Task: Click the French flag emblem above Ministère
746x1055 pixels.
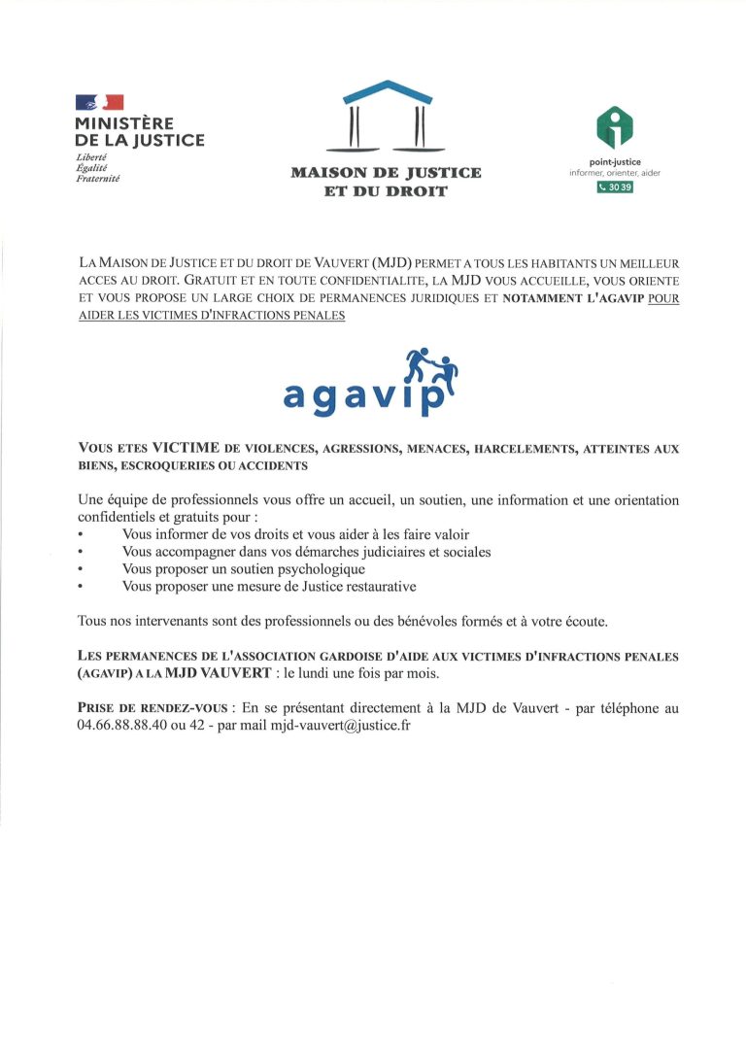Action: pyautogui.click(x=99, y=102)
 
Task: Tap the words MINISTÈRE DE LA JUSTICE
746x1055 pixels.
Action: pyautogui.click(x=139, y=132)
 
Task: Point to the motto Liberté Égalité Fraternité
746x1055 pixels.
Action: pyautogui.click(x=97, y=168)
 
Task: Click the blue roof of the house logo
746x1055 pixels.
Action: pyautogui.click(x=387, y=92)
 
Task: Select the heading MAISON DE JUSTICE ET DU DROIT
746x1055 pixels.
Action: pyautogui.click(x=387, y=182)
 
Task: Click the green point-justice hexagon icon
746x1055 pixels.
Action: pyautogui.click(x=614, y=127)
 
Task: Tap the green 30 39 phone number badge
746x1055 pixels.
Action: pyautogui.click(x=614, y=187)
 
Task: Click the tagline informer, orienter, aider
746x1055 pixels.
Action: pyautogui.click(x=614, y=173)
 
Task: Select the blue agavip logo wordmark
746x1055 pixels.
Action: pyautogui.click(x=364, y=393)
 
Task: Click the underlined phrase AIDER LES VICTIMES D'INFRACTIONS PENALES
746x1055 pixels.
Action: pyautogui.click(x=212, y=316)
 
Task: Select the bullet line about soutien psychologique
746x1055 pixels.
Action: pyautogui.click(x=243, y=569)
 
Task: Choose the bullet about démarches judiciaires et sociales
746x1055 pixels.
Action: pyautogui.click(x=306, y=552)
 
